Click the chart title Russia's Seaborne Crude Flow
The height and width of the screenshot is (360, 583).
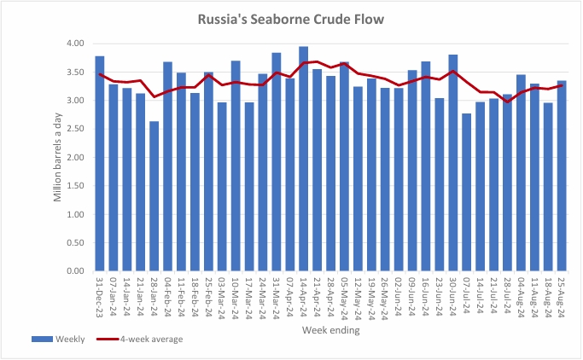(x=291, y=18)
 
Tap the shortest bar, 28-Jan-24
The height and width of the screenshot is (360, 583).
(x=154, y=196)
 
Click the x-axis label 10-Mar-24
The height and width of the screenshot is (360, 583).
(x=236, y=295)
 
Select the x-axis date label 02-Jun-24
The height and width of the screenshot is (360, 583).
(x=399, y=295)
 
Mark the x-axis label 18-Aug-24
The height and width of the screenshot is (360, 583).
(x=549, y=295)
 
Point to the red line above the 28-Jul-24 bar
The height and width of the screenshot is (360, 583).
(x=508, y=102)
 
